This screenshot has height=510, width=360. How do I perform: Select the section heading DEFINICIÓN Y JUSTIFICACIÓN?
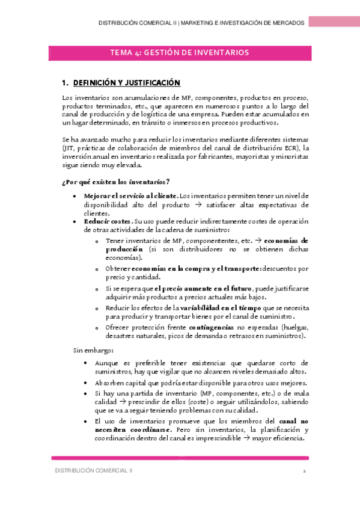click(x=126, y=82)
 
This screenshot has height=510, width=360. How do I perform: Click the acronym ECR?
click(x=291, y=147)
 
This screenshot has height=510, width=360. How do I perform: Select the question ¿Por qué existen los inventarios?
click(x=115, y=182)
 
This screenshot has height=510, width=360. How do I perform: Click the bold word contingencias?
click(x=203, y=327)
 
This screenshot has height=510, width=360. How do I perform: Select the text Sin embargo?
click(x=90, y=349)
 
